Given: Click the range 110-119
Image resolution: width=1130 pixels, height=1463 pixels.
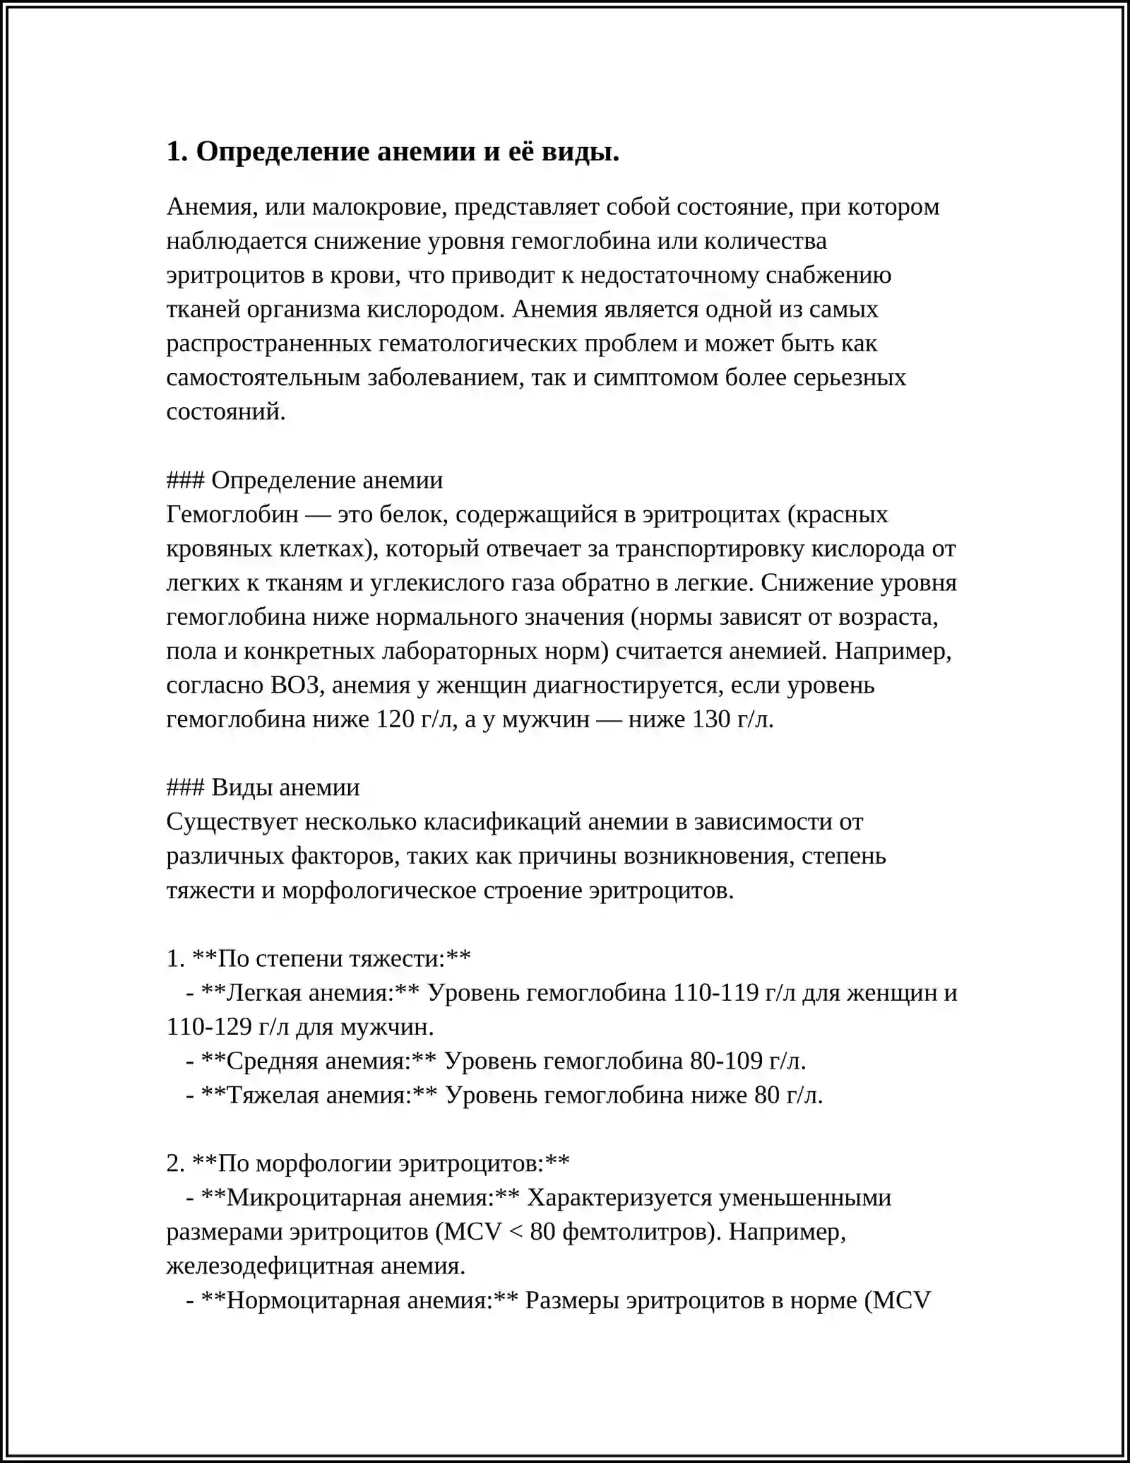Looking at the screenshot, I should coord(715,992).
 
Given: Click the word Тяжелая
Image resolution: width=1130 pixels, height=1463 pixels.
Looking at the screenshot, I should coord(271,1095).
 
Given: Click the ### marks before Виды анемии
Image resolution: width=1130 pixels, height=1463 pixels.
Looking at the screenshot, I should coord(185,787).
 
